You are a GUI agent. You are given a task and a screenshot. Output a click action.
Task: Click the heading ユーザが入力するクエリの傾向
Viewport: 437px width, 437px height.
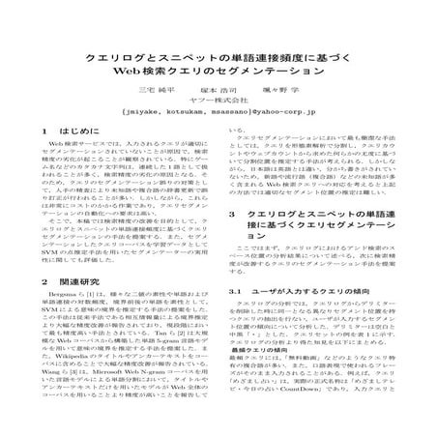311,316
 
